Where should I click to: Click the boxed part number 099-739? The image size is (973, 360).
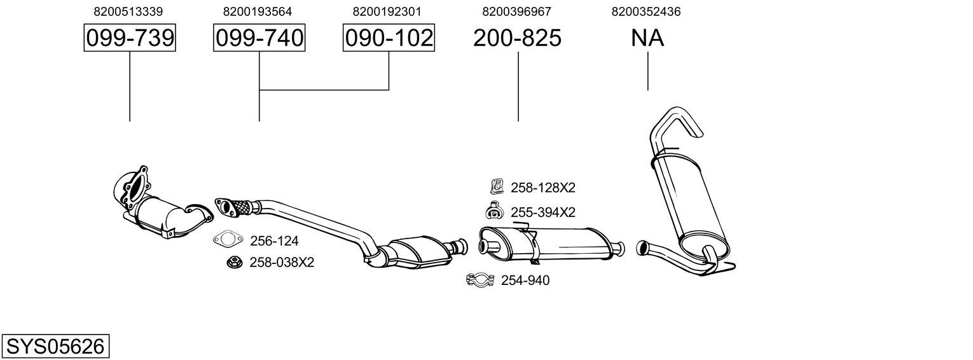point(130,38)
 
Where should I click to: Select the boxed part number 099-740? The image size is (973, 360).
point(259,38)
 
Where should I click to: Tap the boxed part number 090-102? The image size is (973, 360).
point(389,38)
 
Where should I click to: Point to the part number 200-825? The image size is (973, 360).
point(517,38)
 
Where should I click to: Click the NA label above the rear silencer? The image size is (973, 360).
point(647,38)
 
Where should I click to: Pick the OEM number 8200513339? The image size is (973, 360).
point(128,11)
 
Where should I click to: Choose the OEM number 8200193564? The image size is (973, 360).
point(258,11)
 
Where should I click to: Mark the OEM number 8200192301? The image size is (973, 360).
point(387,11)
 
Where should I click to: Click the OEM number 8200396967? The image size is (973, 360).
point(516,11)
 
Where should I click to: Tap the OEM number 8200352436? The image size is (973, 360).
point(646,11)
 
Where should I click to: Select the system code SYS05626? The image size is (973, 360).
point(55,347)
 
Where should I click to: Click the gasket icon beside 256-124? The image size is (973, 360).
point(228,239)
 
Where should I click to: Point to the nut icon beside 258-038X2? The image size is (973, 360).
point(235,262)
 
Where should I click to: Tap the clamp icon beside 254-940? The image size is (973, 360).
point(480,280)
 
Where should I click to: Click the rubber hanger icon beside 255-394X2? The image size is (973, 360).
point(494,211)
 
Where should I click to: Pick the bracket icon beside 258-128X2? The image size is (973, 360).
point(497,186)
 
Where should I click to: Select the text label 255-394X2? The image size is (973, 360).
point(543,212)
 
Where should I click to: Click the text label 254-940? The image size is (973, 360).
point(525,280)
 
